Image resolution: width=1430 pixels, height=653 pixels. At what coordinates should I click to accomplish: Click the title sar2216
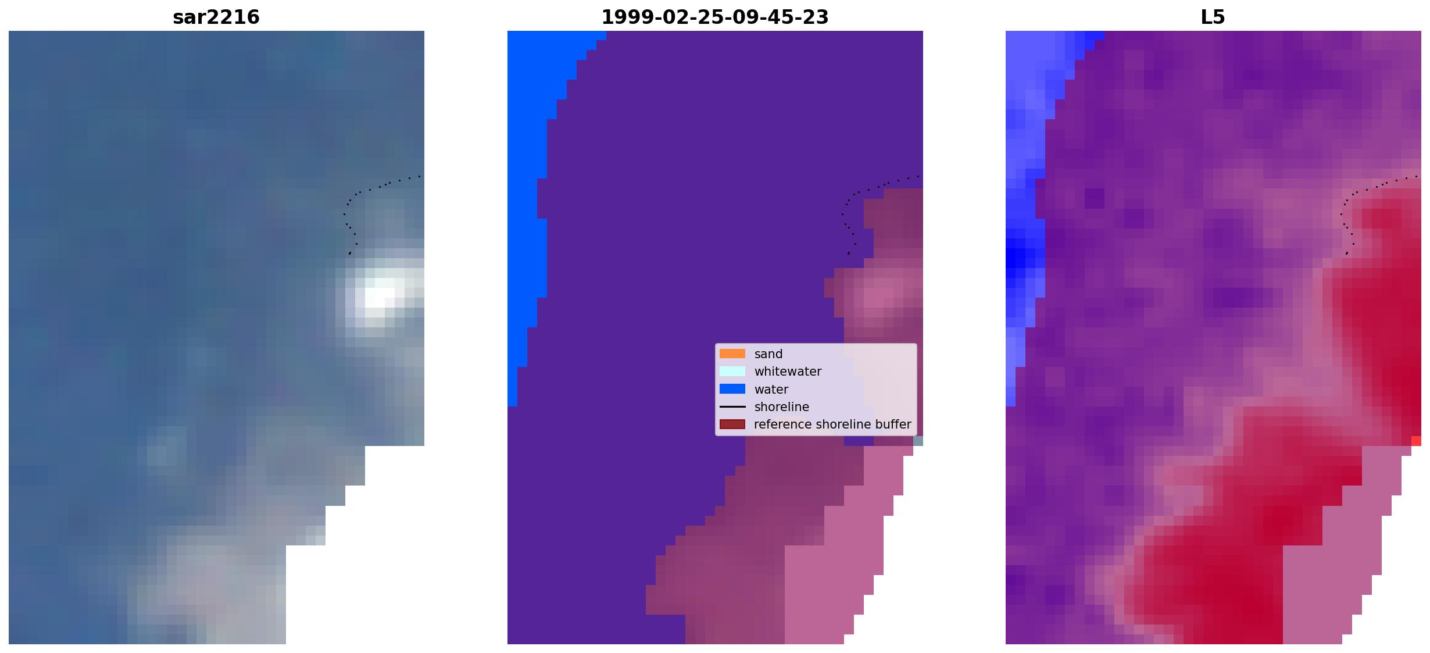click(216, 17)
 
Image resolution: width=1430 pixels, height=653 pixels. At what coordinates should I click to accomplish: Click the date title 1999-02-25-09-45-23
click(715, 17)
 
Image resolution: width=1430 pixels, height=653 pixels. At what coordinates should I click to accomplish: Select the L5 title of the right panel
click(1213, 17)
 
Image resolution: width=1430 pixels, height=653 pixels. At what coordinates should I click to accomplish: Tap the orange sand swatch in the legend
click(732, 354)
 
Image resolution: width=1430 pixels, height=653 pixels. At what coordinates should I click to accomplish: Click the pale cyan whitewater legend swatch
click(732, 371)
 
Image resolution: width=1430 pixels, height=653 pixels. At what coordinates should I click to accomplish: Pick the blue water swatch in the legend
click(732, 389)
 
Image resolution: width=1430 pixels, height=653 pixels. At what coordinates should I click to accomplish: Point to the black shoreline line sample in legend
click(732, 406)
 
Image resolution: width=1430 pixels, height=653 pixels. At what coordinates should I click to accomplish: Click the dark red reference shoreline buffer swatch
click(732, 424)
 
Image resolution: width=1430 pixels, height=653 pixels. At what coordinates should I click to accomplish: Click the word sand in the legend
click(768, 354)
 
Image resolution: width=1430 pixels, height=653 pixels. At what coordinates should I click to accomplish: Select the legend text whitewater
click(788, 371)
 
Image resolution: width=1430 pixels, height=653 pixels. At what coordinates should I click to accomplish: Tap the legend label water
click(771, 389)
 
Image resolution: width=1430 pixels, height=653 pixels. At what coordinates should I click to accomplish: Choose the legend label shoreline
click(782, 406)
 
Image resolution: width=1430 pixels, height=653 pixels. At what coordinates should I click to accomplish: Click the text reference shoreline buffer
click(832, 424)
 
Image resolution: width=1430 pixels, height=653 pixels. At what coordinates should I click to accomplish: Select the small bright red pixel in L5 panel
click(1416, 441)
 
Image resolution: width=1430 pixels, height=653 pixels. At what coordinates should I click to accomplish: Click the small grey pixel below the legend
click(918, 441)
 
